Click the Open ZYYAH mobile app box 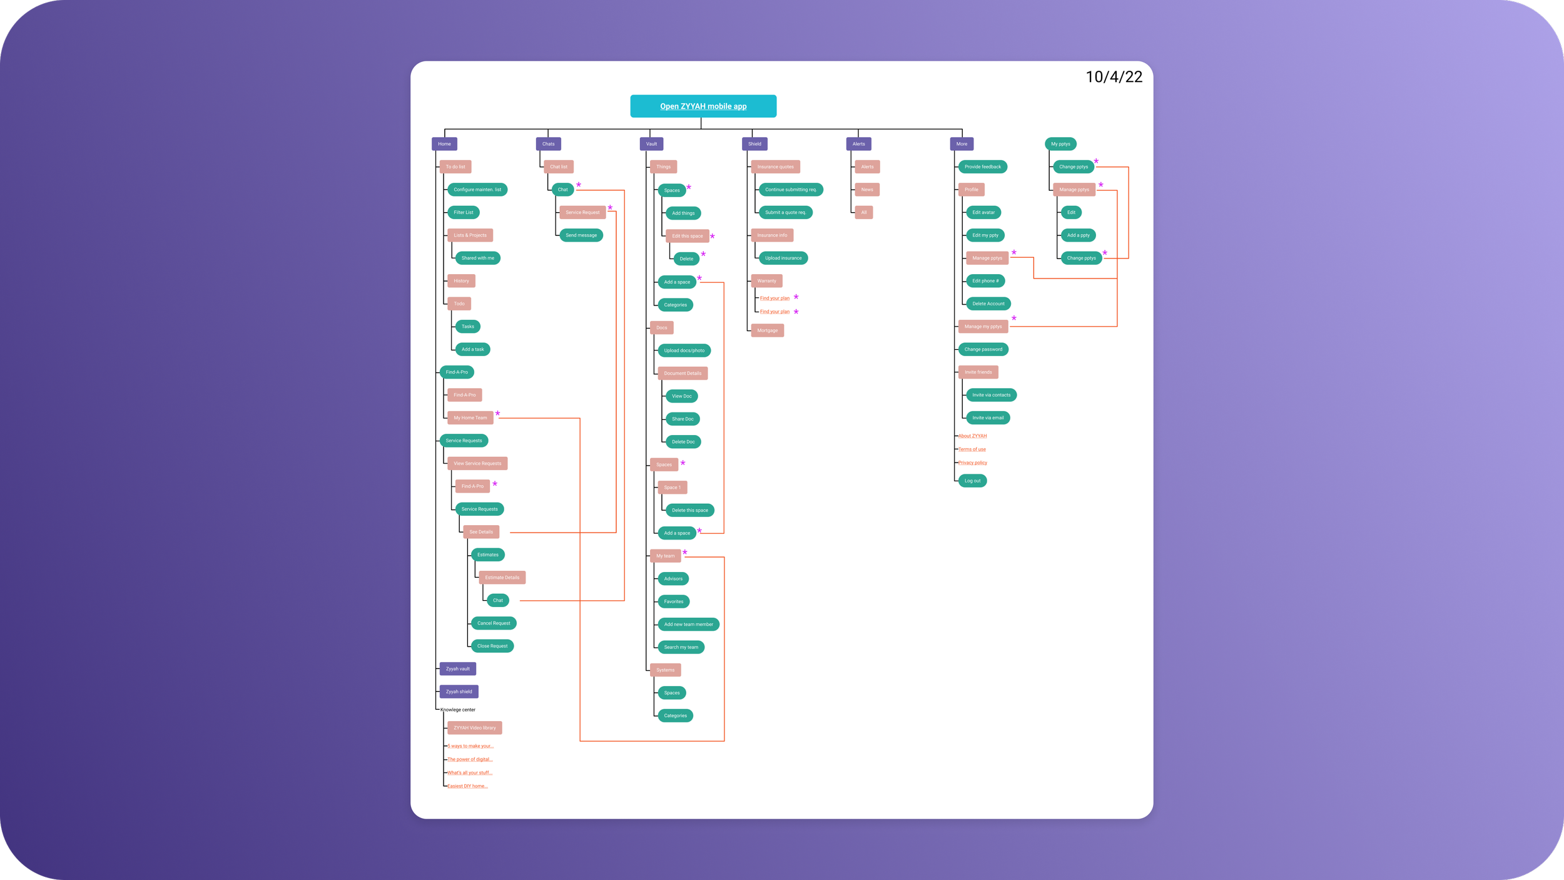[x=703, y=106]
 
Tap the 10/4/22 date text [x=1114, y=77]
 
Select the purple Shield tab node [x=754, y=144]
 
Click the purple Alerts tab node [x=858, y=144]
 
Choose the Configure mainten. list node [x=477, y=190]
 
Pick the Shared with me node [x=477, y=258]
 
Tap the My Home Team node [x=470, y=417]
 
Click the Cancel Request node [x=494, y=623]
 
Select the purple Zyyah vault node [x=457, y=669]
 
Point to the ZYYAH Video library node [x=474, y=728]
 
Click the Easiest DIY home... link [x=467, y=786]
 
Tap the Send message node [x=581, y=235]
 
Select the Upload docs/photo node [x=684, y=350]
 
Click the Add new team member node [x=688, y=625]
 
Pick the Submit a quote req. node [x=785, y=212]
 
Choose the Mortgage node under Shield [x=767, y=330]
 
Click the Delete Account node [x=988, y=304]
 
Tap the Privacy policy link [x=972, y=463]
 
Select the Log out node [x=972, y=481]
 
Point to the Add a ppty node [x=1078, y=235]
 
